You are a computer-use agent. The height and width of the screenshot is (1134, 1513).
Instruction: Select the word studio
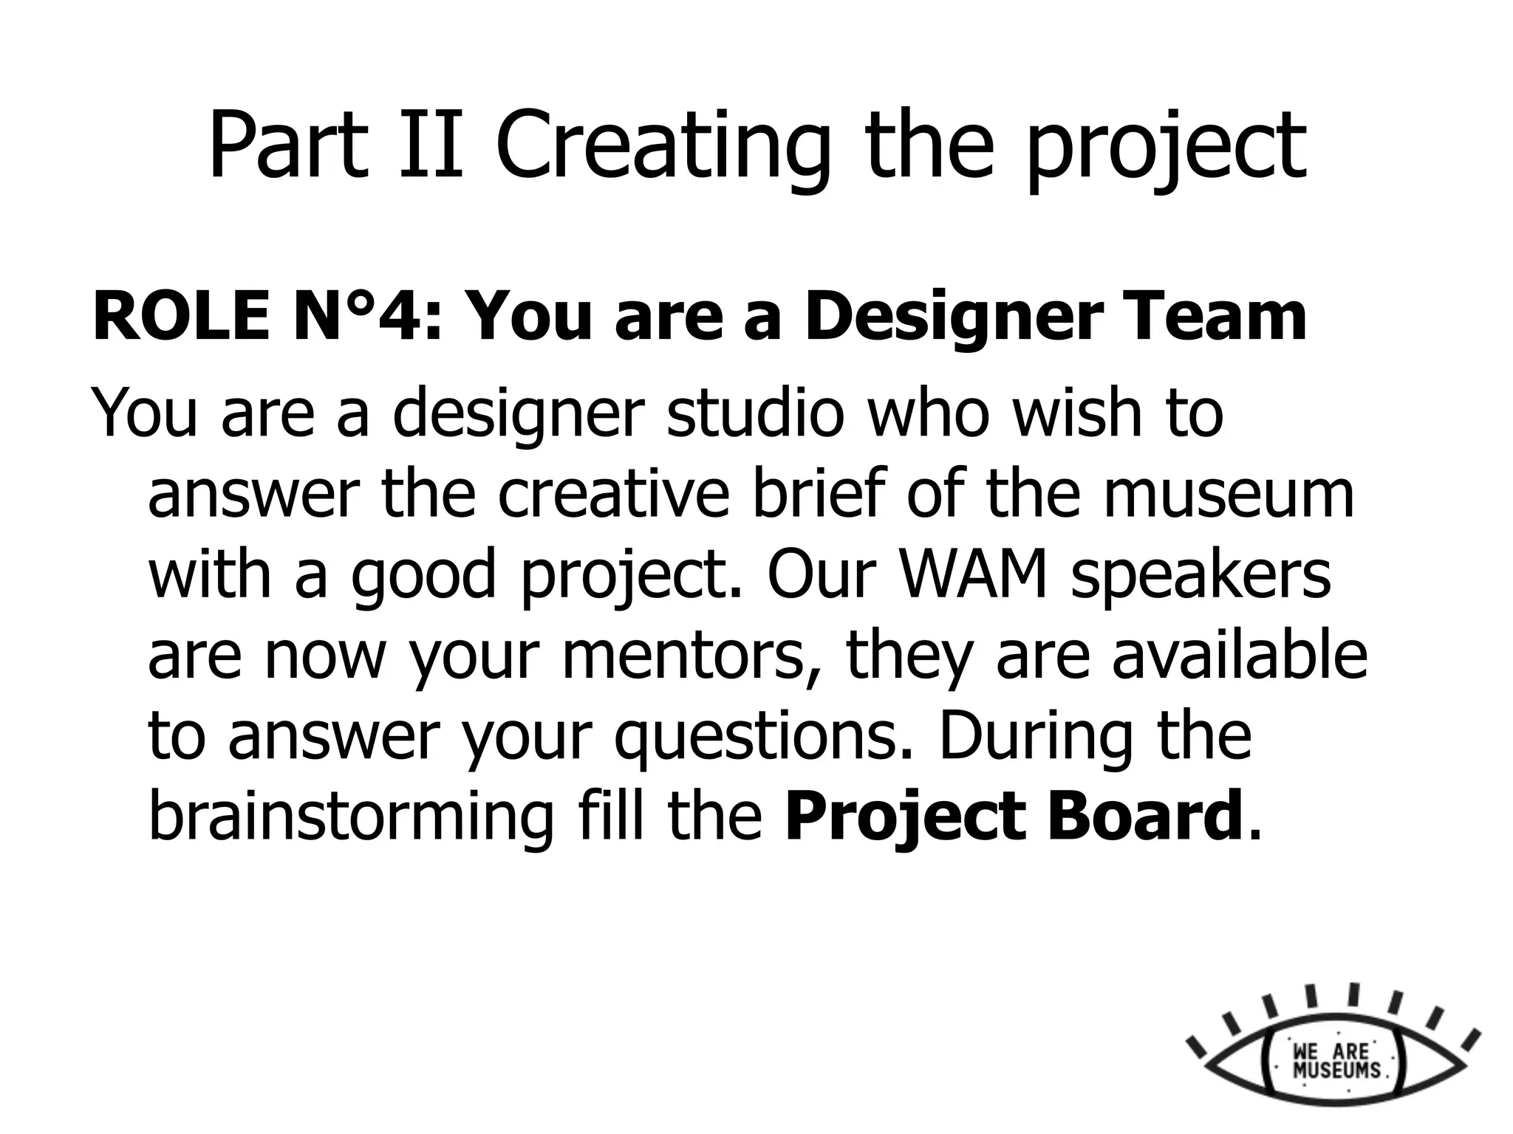pyautogui.click(x=755, y=413)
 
